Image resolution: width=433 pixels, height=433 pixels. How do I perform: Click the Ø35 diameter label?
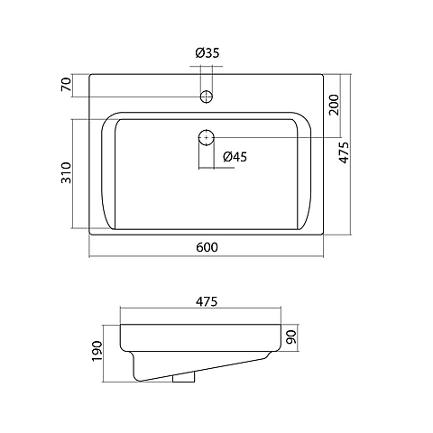click(x=207, y=53)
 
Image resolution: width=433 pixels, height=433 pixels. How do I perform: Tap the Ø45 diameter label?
click(x=235, y=157)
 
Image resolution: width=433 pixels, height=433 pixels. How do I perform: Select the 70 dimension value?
click(x=66, y=84)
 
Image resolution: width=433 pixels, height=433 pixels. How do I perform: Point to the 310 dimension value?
click(x=66, y=172)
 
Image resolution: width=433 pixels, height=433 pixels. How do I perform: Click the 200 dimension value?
click(x=334, y=105)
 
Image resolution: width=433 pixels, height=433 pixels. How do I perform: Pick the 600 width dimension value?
click(x=207, y=247)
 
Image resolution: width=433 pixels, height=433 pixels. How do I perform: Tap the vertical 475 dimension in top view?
click(x=344, y=152)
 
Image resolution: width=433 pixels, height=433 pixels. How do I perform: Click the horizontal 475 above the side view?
click(x=206, y=301)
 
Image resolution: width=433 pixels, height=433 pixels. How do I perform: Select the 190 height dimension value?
click(x=97, y=351)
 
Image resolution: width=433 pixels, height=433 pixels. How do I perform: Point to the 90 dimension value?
click(x=290, y=337)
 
